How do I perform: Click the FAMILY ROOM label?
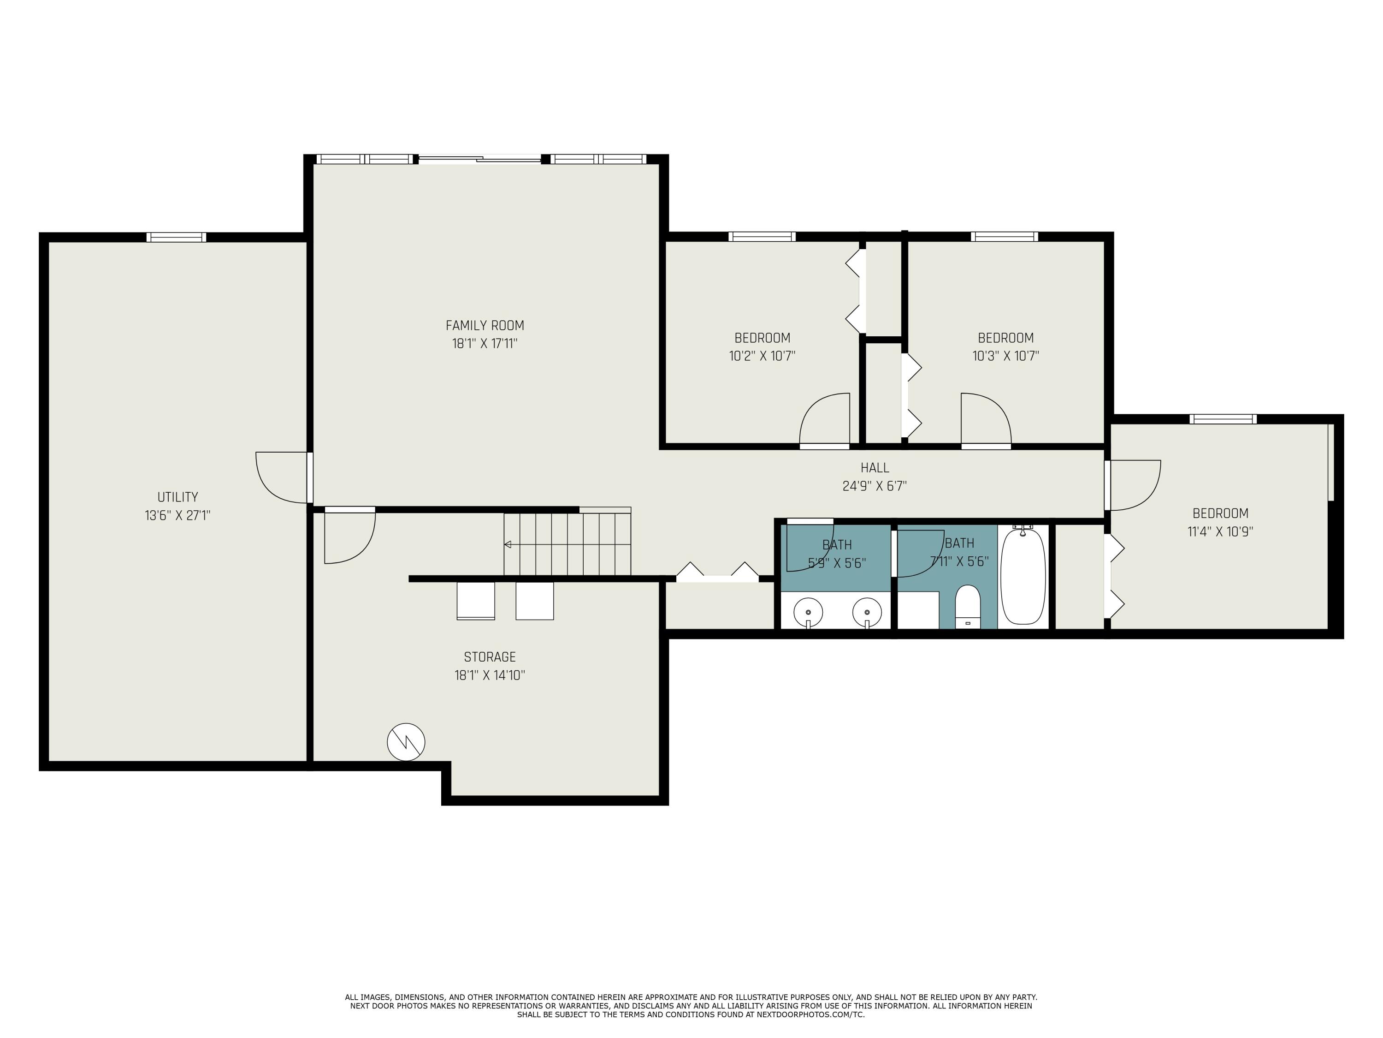click(485, 325)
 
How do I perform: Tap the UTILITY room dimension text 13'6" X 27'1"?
click(177, 516)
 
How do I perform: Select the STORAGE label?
click(490, 657)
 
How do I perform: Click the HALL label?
click(874, 467)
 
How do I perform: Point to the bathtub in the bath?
click(1023, 576)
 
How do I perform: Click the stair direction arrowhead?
click(508, 544)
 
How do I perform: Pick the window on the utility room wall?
click(176, 237)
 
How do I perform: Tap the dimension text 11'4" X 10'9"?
click(1220, 532)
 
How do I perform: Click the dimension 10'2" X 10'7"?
click(762, 356)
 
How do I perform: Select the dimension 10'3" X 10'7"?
click(1005, 356)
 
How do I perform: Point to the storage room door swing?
click(350, 538)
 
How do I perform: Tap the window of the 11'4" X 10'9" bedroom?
click(1222, 419)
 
